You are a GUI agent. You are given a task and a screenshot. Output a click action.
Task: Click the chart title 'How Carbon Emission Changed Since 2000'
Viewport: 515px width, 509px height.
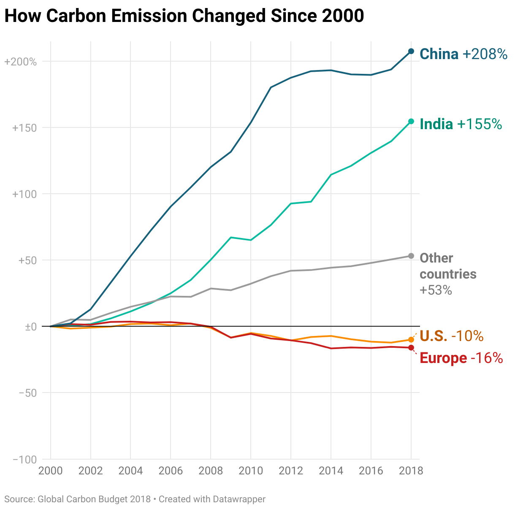(184, 16)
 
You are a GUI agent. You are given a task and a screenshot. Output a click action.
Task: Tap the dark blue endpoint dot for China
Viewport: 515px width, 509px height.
(411, 51)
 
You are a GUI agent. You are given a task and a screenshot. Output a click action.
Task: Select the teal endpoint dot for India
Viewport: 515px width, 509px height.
(411, 122)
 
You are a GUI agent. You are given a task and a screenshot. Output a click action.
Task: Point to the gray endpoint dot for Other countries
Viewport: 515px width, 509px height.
(411, 256)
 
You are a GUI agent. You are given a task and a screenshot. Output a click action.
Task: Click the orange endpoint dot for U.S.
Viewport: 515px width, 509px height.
(411, 340)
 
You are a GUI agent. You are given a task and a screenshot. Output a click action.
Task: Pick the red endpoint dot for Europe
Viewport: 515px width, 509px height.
(411, 348)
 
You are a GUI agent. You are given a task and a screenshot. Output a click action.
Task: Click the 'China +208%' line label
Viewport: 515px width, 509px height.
(463, 54)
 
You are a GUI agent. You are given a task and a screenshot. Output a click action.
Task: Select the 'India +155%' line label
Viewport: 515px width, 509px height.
(461, 124)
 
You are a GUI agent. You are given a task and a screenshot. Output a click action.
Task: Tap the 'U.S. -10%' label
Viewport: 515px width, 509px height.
(451, 336)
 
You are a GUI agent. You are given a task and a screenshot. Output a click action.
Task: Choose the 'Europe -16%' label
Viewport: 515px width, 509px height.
(461, 358)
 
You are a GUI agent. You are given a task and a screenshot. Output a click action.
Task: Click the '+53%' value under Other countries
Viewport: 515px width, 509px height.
(436, 290)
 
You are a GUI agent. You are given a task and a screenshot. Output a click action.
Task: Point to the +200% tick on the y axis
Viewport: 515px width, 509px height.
(20, 62)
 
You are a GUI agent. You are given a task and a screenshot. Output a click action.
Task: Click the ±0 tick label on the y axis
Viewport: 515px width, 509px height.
(31, 327)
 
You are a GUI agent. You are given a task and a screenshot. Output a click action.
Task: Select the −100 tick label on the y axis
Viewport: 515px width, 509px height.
(25, 460)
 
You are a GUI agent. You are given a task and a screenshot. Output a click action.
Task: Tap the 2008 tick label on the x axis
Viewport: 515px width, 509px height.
(211, 471)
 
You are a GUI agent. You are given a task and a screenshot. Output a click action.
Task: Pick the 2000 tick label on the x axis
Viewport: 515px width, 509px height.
(51, 471)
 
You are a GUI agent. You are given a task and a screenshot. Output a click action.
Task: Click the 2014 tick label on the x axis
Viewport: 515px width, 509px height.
(331, 471)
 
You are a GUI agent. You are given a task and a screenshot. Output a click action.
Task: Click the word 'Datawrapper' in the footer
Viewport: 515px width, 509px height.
(239, 499)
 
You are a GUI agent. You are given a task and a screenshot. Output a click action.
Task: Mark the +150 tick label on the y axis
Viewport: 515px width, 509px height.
(24, 128)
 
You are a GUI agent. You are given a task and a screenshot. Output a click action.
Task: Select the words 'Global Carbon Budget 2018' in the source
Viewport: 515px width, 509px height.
(94, 499)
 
